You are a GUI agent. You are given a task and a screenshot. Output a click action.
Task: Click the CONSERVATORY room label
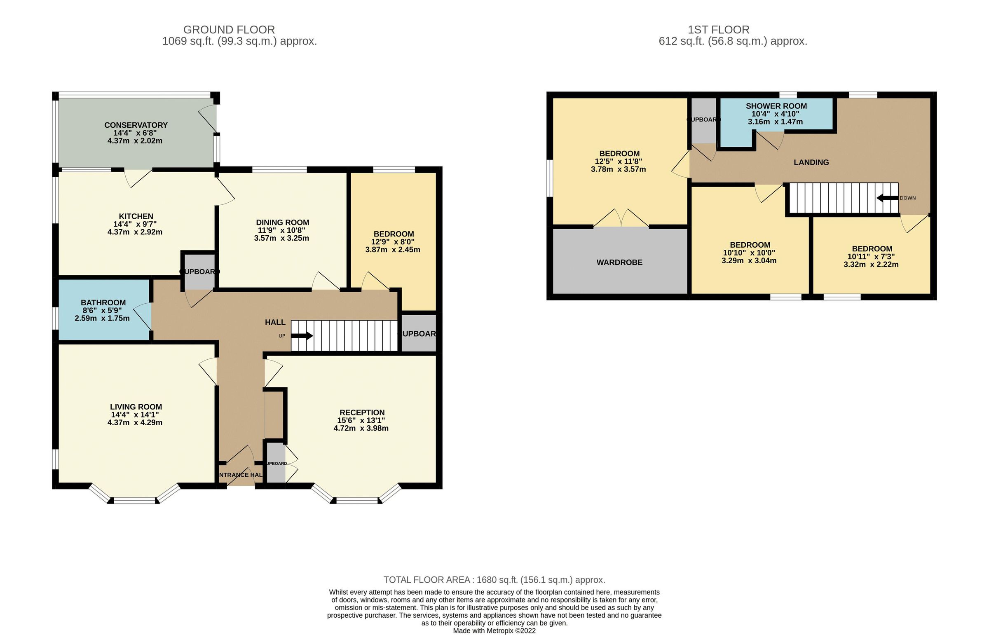[136, 125]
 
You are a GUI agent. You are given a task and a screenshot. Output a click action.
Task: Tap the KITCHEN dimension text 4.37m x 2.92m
[135, 232]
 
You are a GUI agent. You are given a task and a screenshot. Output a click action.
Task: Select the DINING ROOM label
[282, 222]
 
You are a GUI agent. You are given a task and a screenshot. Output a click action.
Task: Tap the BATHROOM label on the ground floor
[103, 302]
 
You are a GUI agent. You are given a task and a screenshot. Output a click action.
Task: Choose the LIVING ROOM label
[136, 407]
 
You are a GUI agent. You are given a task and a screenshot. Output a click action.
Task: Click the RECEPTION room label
[361, 412]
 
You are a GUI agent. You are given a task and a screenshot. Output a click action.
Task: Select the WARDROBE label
[619, 262]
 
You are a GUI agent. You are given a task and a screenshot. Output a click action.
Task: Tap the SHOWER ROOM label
[776, 106]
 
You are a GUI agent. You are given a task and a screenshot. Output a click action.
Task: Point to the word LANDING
[811, 162]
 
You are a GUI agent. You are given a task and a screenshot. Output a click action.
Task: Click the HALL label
[275, 322]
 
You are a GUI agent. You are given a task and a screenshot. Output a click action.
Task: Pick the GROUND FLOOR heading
[229, 30]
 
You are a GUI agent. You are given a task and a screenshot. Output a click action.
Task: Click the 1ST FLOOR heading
[718, 30]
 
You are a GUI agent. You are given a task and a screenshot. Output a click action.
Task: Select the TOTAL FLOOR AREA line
[494, 580]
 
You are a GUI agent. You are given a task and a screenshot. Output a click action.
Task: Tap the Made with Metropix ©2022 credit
[494, 630]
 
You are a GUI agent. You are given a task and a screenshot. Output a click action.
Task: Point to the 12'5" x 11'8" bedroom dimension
[618, 161]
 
